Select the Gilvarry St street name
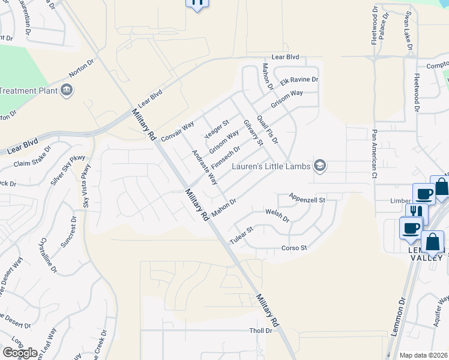(253, 132)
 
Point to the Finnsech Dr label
(226, 157)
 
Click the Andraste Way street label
(204, 167)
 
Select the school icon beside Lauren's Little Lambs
(321, 166)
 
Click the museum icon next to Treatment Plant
(67, 91)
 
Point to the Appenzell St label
(306, 199)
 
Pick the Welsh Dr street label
(277, 215)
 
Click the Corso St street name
(294, 248)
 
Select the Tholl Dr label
(261, 331)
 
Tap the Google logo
(19, 352)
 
